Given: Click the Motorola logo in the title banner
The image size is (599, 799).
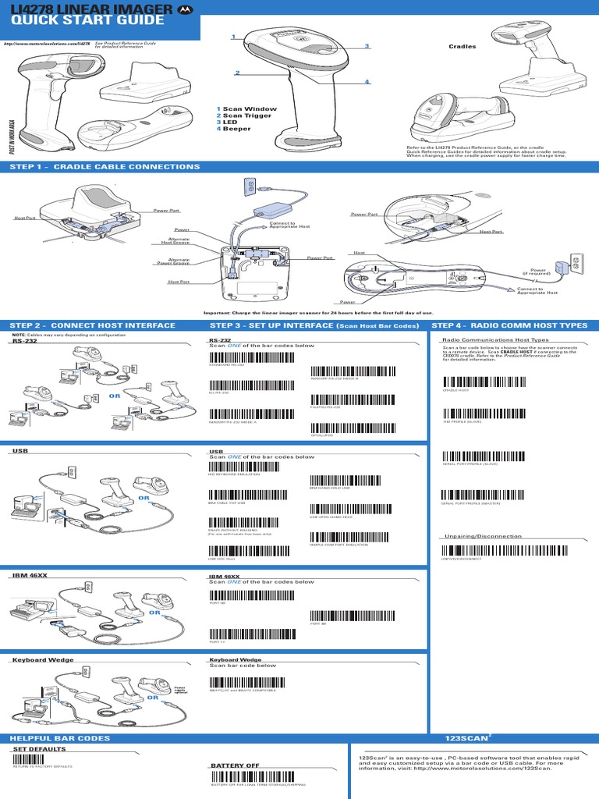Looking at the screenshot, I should [x=185, y=8].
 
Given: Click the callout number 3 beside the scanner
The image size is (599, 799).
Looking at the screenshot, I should [x=366, y=47].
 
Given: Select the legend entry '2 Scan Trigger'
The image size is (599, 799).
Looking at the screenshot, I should [x=244, y=115].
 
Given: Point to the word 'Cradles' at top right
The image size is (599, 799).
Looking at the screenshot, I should [x=462, y=47].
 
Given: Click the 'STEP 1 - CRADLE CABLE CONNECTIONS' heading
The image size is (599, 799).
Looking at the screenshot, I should [x=105, y=167].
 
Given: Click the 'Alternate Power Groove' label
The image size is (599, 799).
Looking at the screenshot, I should [x=179, y=262].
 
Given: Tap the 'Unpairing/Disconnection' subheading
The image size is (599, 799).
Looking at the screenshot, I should [x=481, y=537].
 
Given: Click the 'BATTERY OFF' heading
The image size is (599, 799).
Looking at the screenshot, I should [x=234, y=766].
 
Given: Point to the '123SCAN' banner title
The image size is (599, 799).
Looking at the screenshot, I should [x=463, y=738].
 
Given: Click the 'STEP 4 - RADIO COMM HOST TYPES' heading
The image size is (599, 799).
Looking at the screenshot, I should [x=509, y=325].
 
